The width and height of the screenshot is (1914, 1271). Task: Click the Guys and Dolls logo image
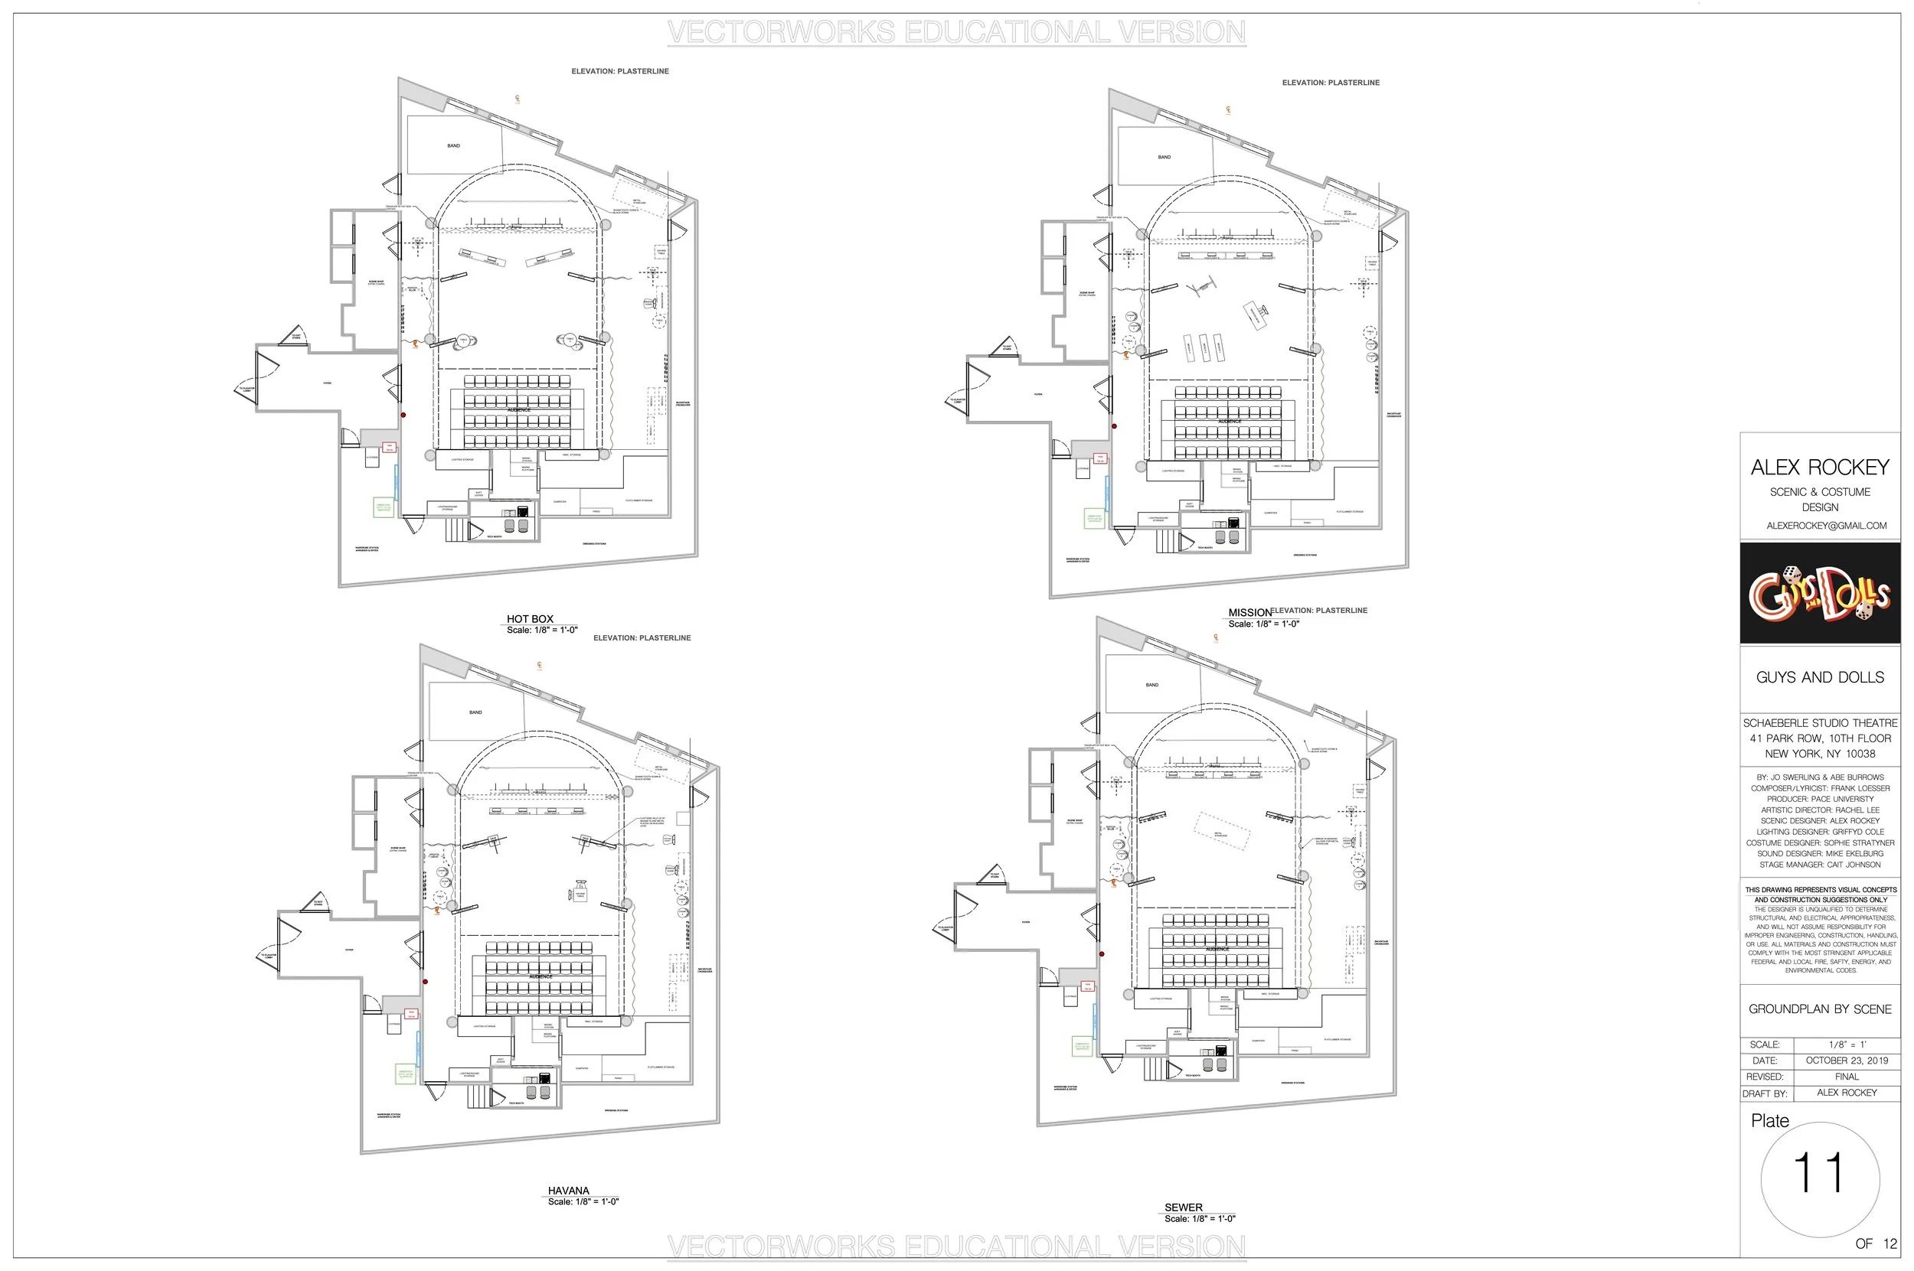1819,593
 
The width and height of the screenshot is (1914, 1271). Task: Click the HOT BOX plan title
530,618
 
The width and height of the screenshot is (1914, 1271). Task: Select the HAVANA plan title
568,1191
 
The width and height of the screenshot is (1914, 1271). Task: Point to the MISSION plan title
1249,613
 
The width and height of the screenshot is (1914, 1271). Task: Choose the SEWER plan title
1184,1207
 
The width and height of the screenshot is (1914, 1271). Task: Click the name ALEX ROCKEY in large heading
1819,467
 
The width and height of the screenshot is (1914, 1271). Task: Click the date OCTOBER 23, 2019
1847,1061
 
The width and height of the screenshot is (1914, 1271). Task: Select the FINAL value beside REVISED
1847,1077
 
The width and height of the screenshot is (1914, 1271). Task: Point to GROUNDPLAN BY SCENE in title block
1819,1009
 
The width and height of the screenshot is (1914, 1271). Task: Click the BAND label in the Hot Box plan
453,146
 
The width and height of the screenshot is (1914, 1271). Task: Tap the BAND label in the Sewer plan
1151,685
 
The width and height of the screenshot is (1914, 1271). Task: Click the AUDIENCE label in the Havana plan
541,976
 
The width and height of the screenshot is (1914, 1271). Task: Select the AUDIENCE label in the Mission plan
1229,422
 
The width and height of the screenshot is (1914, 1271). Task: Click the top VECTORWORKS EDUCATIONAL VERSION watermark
956,32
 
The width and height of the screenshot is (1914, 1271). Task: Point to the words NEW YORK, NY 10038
1820,754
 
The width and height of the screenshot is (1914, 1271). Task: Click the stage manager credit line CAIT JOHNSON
1820,865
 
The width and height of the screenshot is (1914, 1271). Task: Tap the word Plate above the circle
1769,1121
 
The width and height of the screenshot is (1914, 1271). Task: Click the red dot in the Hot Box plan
403,415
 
